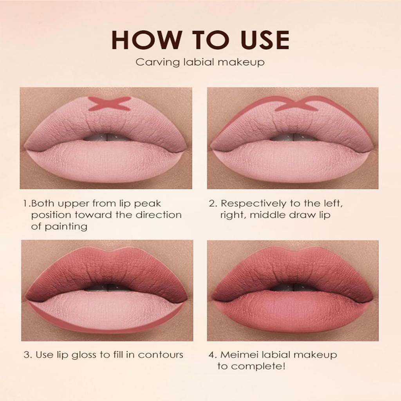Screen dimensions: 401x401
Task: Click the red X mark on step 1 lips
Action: click(x=109, y=103)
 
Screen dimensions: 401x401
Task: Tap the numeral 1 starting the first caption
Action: click(x=25, y=204)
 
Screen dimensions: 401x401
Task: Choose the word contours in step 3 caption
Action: click(x=161, y=355)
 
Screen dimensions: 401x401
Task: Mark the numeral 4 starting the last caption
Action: click(x=212, y=355)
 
